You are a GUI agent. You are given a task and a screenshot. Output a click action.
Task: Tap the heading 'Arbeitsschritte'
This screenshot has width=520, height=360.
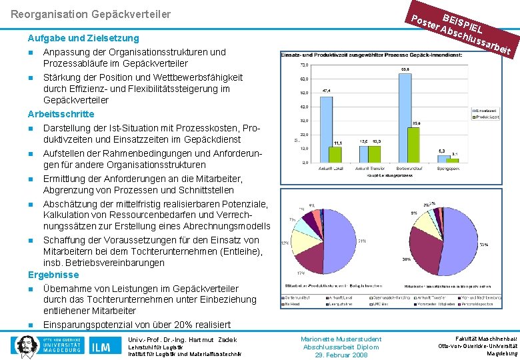point(61,114)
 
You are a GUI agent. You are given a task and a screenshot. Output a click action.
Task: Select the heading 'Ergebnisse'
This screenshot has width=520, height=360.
point(53,275)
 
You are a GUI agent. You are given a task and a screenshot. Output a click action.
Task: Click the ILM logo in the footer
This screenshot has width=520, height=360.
point(101,346)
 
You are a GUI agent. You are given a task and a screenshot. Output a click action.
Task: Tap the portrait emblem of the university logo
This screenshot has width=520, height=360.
point(26,345)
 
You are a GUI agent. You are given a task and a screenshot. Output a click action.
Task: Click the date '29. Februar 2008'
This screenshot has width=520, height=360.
point(341,355)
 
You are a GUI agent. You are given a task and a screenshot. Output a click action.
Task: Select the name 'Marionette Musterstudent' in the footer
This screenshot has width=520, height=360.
point(341,339)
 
